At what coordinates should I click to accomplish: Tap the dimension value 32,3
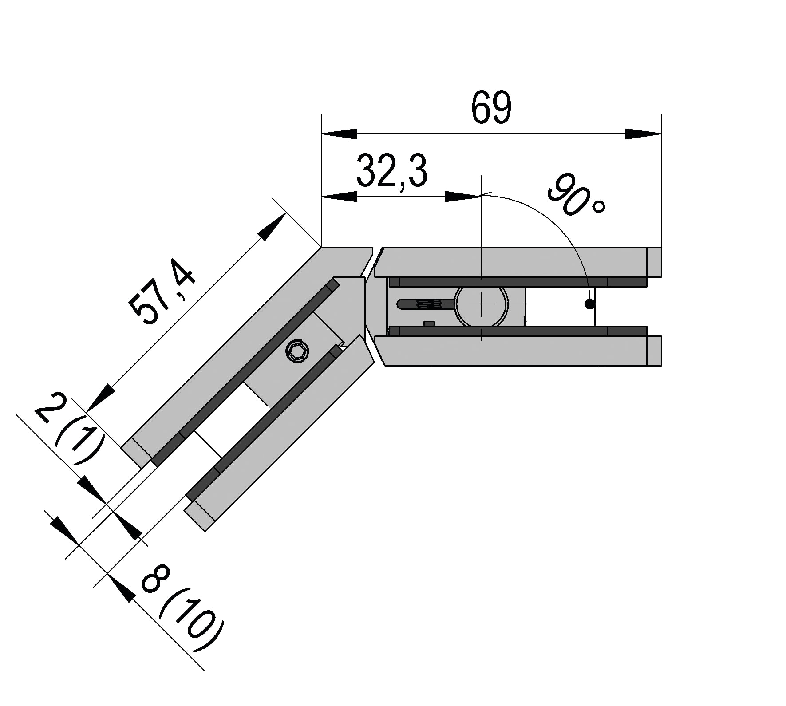(392, 171)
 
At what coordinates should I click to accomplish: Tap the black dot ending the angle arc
(589, 304)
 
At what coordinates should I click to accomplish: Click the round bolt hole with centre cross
(481, 304)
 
